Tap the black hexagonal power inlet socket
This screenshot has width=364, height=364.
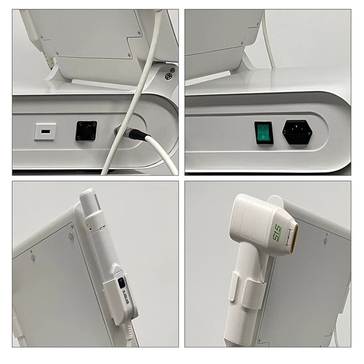[x=297, y=131]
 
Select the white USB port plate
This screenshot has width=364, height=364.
[x=45, y=131]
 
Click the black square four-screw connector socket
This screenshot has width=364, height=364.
[x=86, y=131]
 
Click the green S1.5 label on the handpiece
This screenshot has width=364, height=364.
[x=277, y=227]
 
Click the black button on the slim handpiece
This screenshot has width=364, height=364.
[x=121, y=283]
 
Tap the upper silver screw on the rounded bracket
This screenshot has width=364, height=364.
[x=172, y=70]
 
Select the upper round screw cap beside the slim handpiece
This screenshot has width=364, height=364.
[x=71, y=236]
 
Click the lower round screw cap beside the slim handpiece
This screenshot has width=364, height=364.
[x=33, y=257]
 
